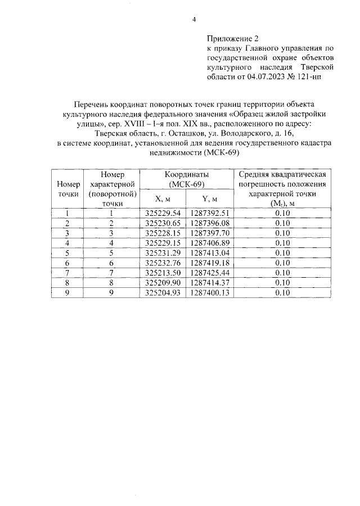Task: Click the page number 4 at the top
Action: (193, 20)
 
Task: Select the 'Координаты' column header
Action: (187, 175)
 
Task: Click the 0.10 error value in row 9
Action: (283, 293)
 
